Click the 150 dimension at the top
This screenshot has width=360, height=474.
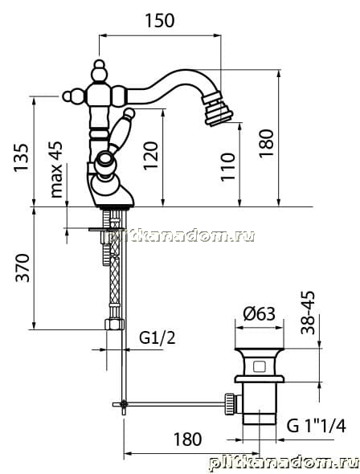(x=160, y=21)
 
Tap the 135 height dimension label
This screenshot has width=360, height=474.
(x=22, y=157)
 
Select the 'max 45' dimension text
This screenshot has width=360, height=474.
(x=56, y=170)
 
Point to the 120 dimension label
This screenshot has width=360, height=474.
(x=151, y=155)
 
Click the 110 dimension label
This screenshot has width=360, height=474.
(x=227, y=167)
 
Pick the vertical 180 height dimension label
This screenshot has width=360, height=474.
(x=266, y=143)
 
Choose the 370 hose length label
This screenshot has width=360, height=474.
(x=23, y=268)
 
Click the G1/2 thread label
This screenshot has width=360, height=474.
(x=157, y=338)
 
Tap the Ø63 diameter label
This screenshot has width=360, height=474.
(x=260, y=314)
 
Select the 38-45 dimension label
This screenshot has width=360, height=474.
(x=308, y=313)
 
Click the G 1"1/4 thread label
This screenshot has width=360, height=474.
(x=316, y=427)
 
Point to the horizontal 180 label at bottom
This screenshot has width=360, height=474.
(x=187, y=439)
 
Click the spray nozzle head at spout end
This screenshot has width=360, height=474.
(x=218, y=109)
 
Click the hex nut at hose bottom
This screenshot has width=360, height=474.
(x=114, y=324)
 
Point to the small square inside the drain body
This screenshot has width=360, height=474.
(x=259, y=367)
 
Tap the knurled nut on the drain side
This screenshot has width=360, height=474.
(x=229, y=403)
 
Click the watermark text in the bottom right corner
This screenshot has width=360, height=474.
(x=284, y=463)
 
